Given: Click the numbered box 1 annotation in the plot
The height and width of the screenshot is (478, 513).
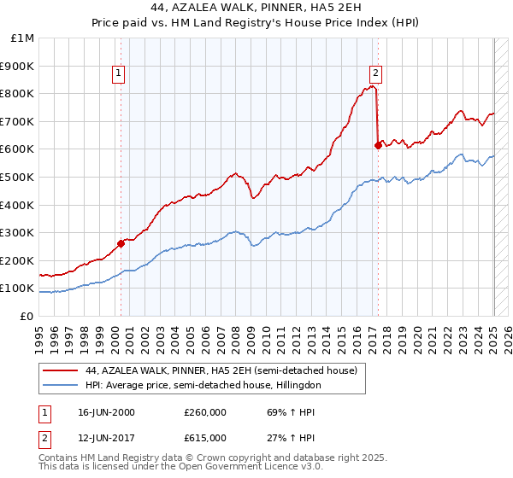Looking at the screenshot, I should coord(119,73).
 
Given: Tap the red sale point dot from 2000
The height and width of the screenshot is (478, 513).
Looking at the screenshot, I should coord(121,243).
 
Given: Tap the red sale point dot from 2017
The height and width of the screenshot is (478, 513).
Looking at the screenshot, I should coord(378,145).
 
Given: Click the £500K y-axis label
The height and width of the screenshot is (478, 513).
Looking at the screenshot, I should coord(19,177).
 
